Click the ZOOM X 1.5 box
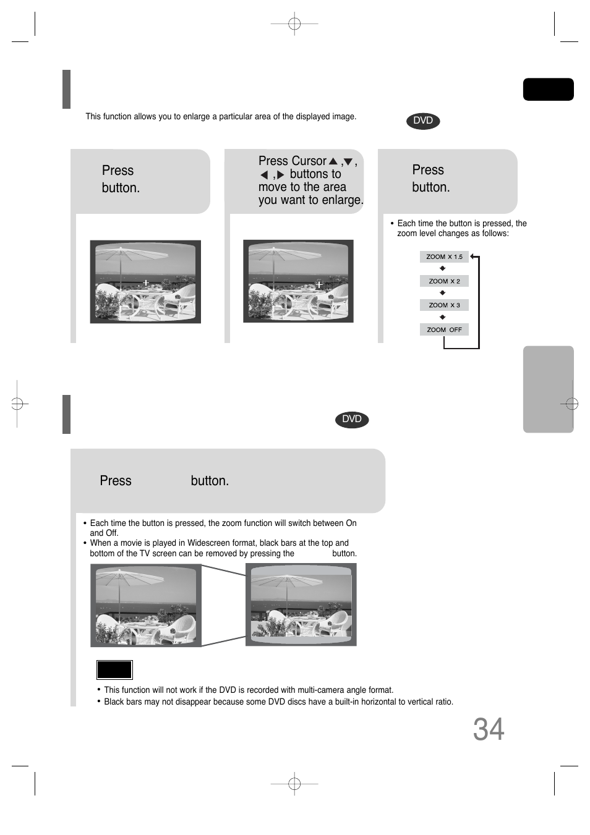click(x=444, y=256)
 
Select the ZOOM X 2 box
click(x=444, y=281)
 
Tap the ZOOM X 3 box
click(x=444, y=305)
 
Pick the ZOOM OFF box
click(x=444, y=330)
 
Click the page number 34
click(x=489, y=729)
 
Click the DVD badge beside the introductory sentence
click(x=423, y=121)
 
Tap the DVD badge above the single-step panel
click(x=352, y=420)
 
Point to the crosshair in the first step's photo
click(x=146, y=282)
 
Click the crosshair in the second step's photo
click(x=319, y=285)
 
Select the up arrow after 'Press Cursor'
click(x=333, y=161)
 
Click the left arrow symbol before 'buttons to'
click(x=264, y=176)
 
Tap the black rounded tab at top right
click(x=548, y=90)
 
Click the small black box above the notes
click(x=114, y=669)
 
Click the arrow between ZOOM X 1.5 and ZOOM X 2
click(x=442, y=269)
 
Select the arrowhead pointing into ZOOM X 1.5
click(x=473, y=256)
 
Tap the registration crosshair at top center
click(x=294, y=24)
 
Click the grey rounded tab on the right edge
click(x=548, y=389)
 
